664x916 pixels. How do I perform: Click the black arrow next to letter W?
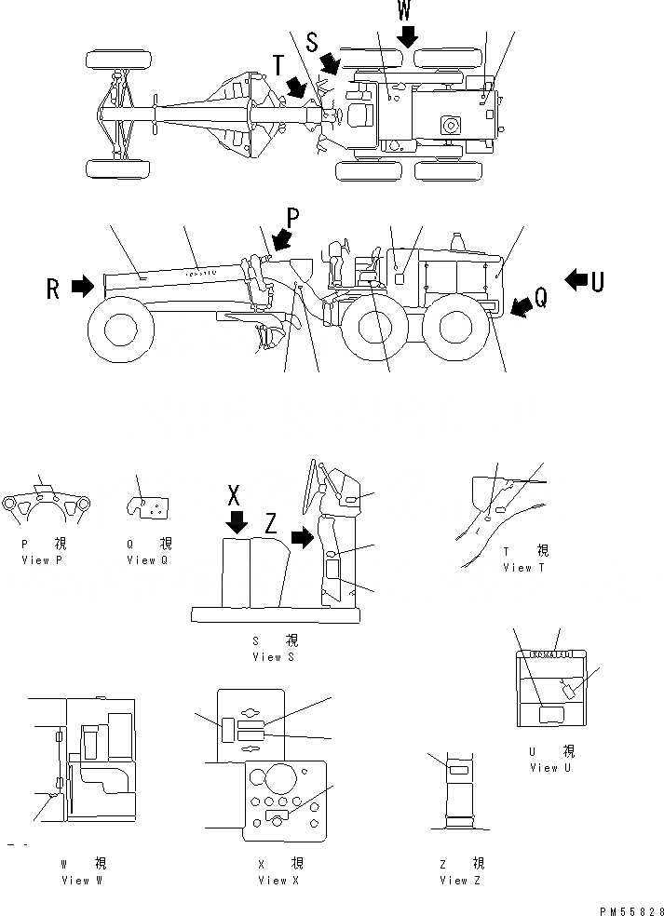point(407,35)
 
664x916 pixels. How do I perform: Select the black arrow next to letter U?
point(576,277)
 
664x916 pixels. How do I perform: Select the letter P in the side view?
point(291,218)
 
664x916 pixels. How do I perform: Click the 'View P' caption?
point(42,561)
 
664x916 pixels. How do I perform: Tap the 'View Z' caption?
point(460,881)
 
